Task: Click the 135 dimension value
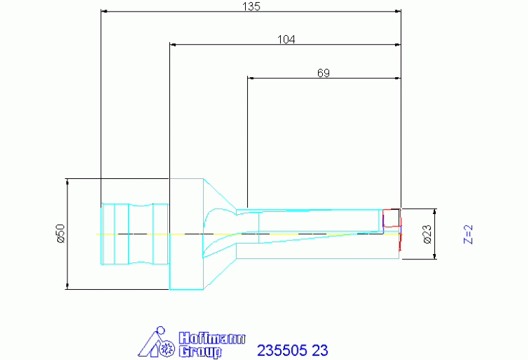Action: [251, 6]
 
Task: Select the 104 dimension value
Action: [286, 39]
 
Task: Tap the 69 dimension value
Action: [324, 73]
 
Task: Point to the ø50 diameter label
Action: [61, 233]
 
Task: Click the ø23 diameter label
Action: [427, 234]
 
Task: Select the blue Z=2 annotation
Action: [468, 234]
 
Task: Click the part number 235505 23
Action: [293, 350]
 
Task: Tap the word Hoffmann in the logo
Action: [212, 338]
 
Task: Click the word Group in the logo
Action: [200, 352]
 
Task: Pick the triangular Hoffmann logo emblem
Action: [156, 342]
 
